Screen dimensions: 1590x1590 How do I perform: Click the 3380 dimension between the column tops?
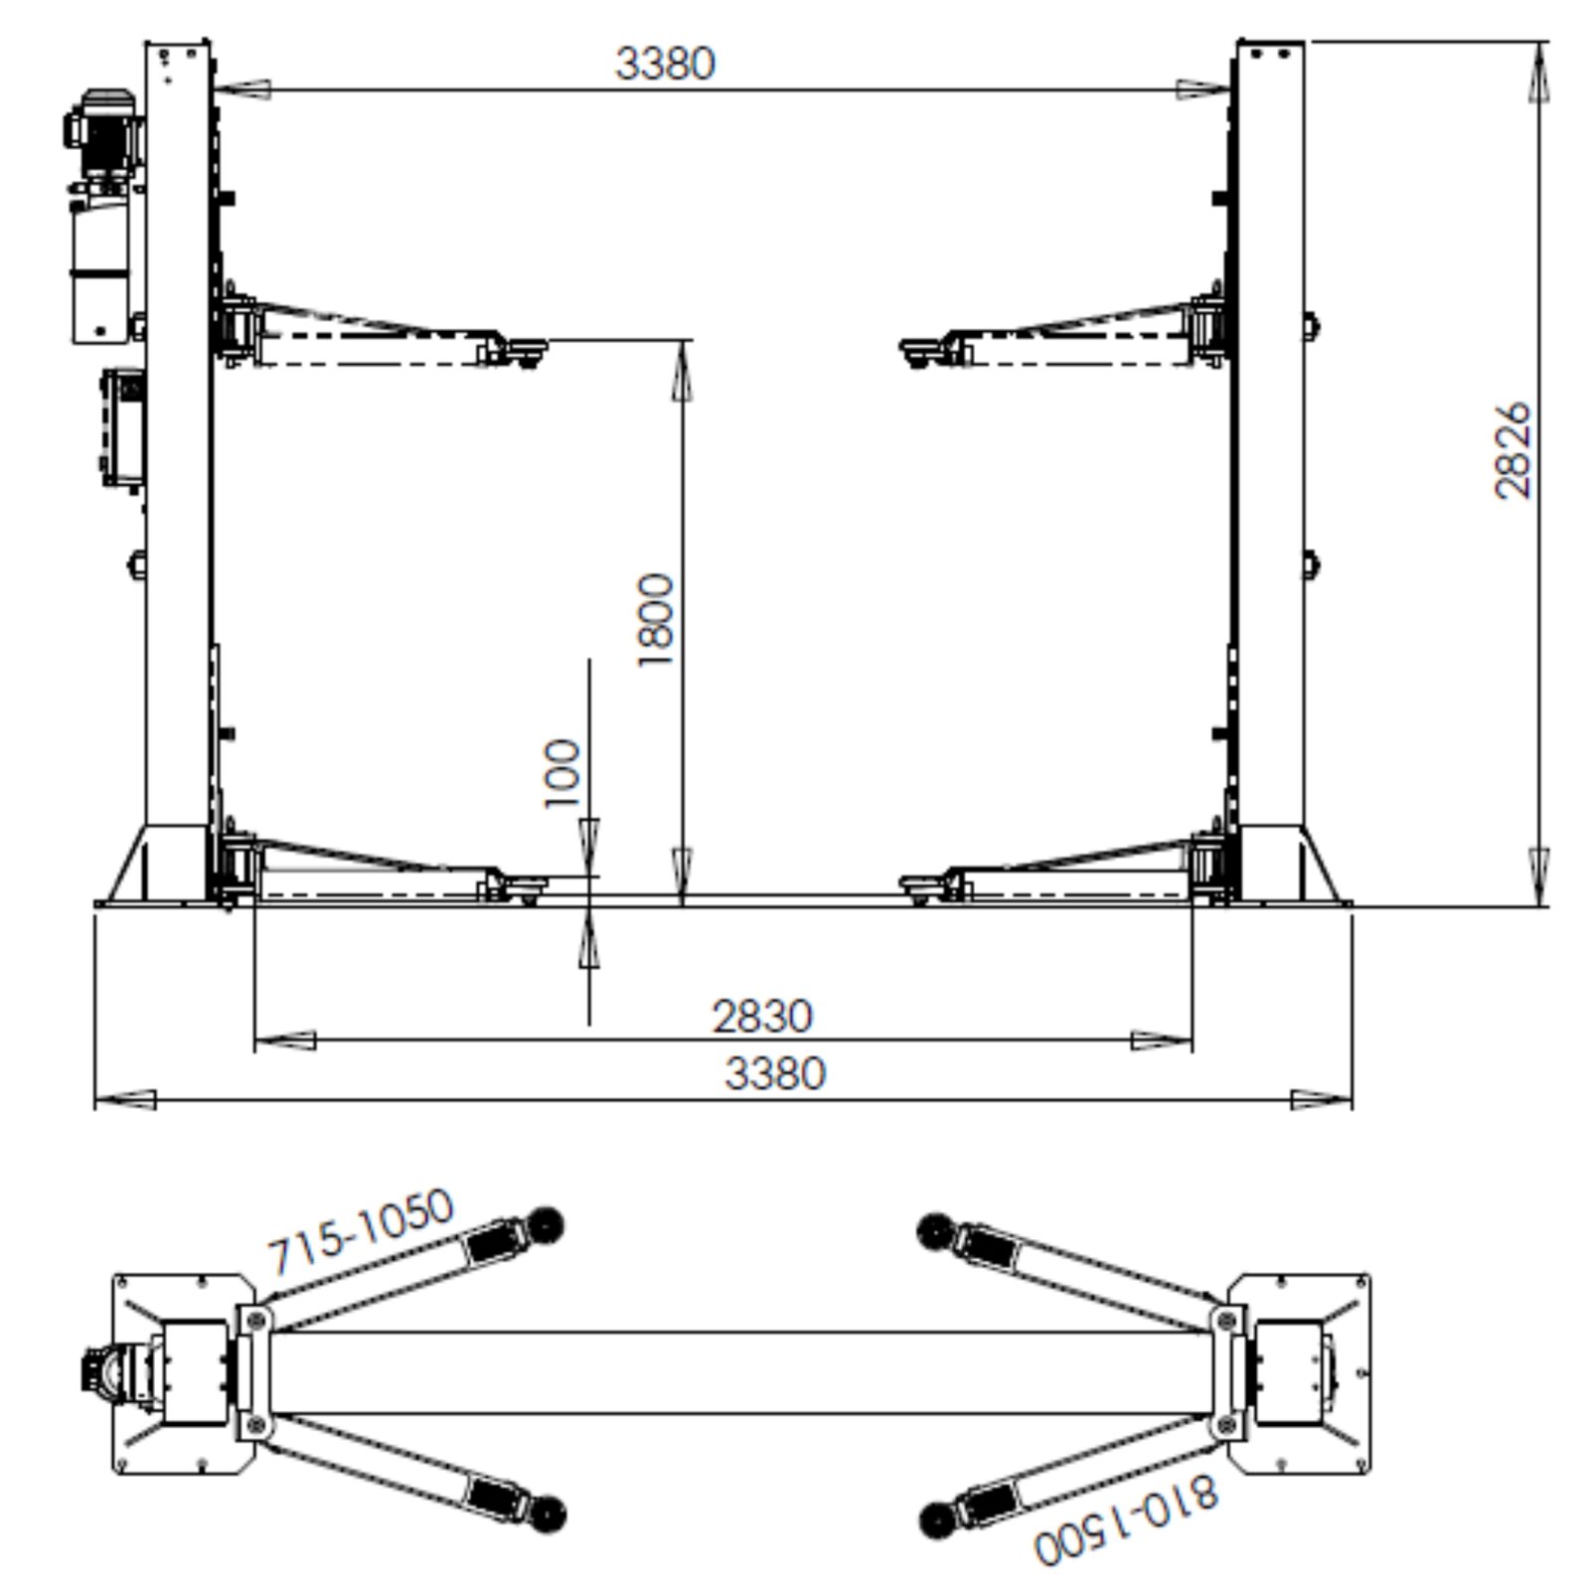point(665,64)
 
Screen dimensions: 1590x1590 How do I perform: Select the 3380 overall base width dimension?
point(775,1074)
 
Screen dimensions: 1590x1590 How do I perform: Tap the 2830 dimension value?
point(762,1017)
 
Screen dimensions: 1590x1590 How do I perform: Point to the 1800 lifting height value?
point(656,619)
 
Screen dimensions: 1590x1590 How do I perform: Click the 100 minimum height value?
point(563,774)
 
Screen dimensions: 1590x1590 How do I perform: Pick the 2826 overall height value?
point(1512,450)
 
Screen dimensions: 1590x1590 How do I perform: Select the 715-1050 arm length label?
point(361,1231)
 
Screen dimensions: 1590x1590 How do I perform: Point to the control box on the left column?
point(122,428)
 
